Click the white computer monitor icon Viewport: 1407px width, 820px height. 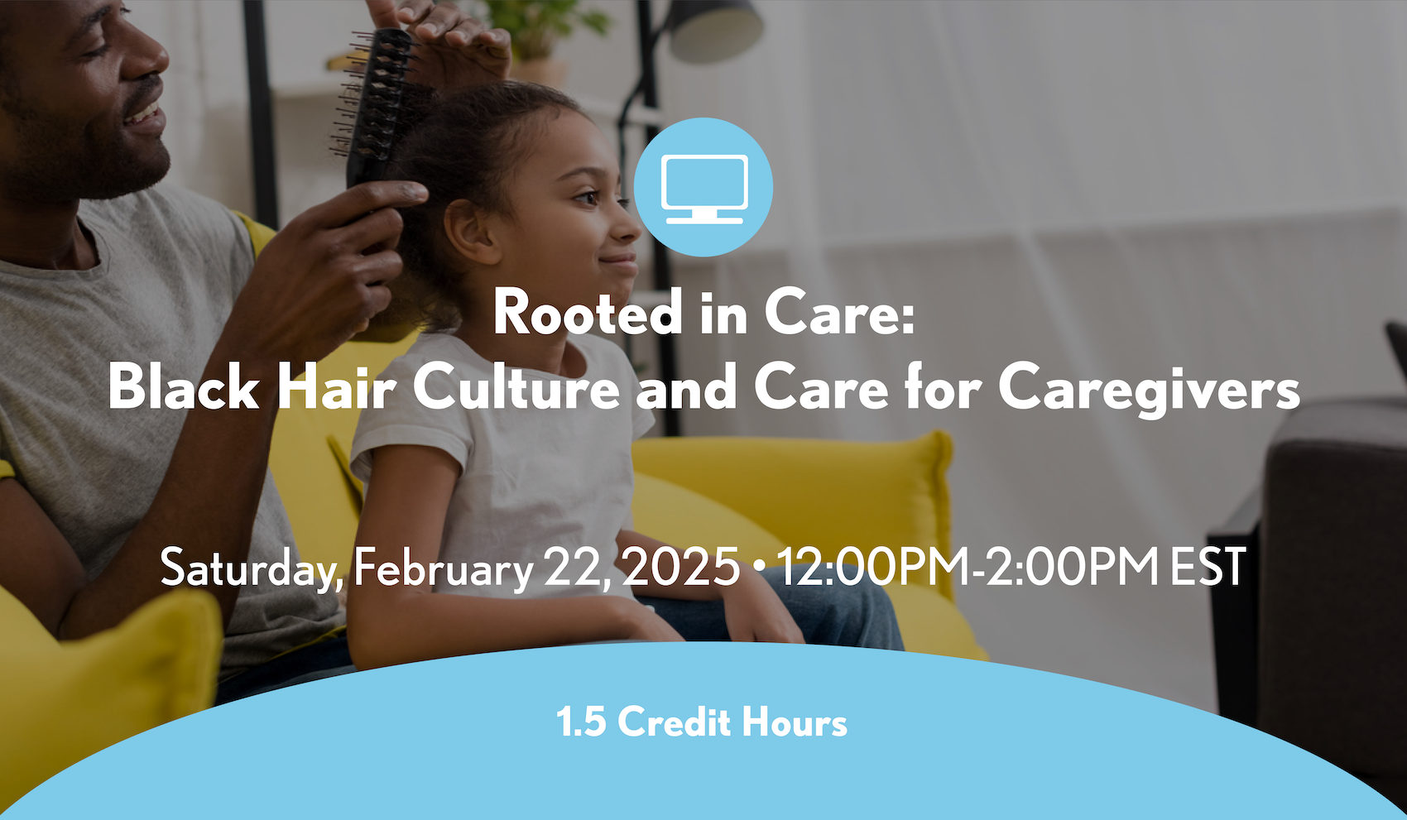(x=704, y=189)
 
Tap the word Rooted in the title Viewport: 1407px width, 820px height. (x=588, y=313)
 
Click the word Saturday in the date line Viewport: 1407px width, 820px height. (x=252, y=567)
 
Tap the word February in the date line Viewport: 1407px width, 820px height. (x=444, y=567)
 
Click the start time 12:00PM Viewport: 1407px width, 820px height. (x=873, y=566)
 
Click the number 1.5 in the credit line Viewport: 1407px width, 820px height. (x=581, y=722)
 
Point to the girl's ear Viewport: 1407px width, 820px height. (x=473, y=232)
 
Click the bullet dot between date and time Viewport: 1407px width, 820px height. (x=759, y=567)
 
